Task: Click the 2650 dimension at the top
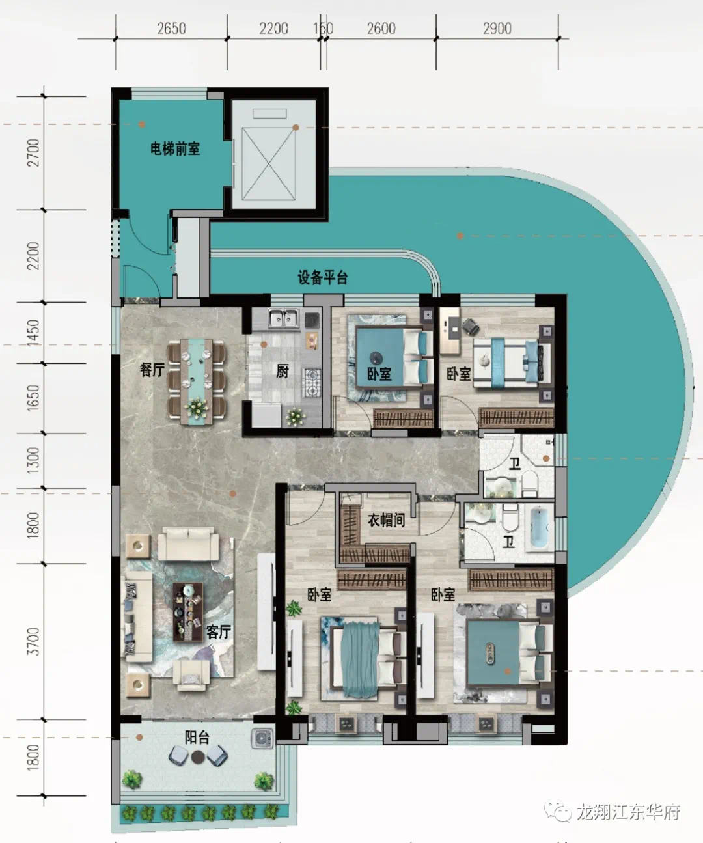172,28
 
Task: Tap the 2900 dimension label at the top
497,28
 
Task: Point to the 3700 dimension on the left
34,642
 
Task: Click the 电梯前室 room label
175,148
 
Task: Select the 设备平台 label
322,278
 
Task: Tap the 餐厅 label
152,369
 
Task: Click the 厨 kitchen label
283,370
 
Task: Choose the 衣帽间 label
387,520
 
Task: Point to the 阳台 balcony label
197,738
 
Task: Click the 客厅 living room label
219,631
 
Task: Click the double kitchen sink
284,318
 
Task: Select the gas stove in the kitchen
313,381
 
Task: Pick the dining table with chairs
196,381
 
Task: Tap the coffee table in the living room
187,612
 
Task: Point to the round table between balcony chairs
197,758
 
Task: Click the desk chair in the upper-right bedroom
469,327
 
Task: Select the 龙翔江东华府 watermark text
629,811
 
